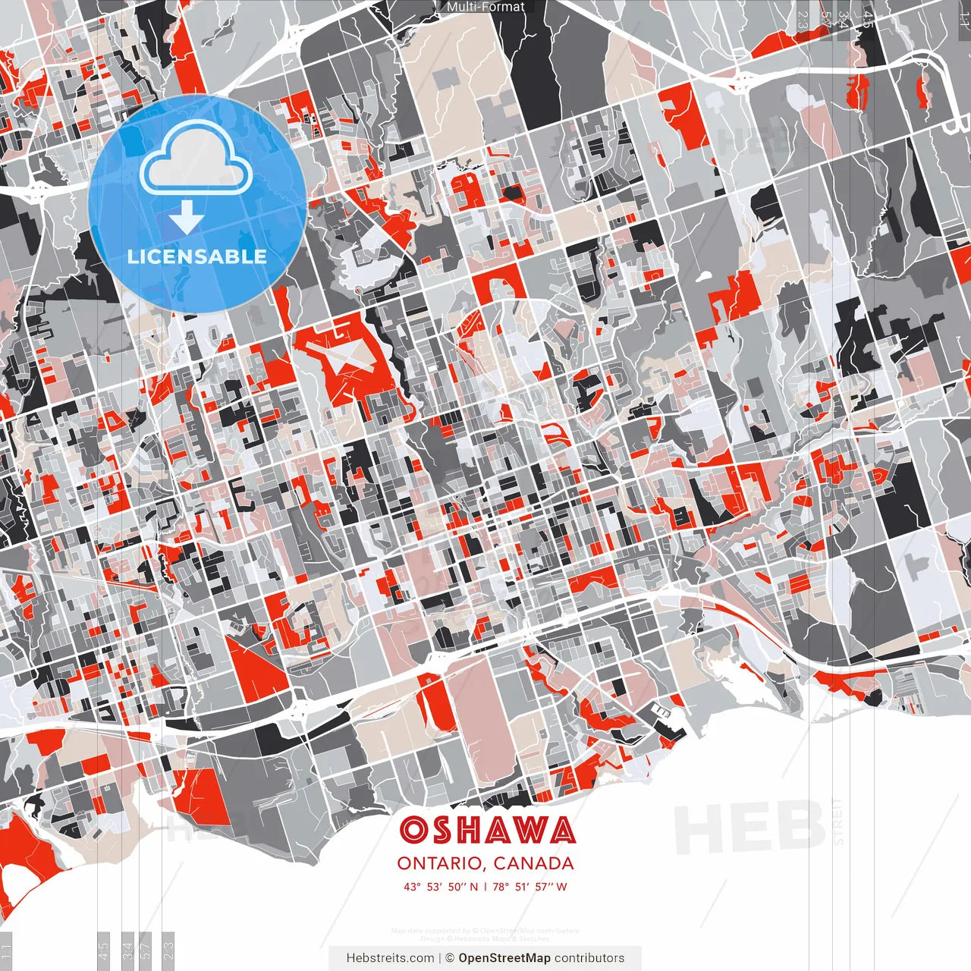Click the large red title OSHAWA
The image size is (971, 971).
(x=487, y=831)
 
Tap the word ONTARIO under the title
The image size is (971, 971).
(x=441, y=863)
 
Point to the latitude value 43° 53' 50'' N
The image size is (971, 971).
(x=441, y=887)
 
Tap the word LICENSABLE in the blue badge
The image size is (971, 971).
(x=197, y=256)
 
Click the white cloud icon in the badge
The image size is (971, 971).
(x=196, y=158)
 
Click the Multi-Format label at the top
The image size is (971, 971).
(x=485, y=7)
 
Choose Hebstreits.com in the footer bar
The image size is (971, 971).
(x=390, y=958)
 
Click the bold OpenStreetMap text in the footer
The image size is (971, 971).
(x=504, y=958)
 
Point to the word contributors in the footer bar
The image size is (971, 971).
(x=589, y=958)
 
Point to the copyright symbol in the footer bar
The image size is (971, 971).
(x=450, y=958)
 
